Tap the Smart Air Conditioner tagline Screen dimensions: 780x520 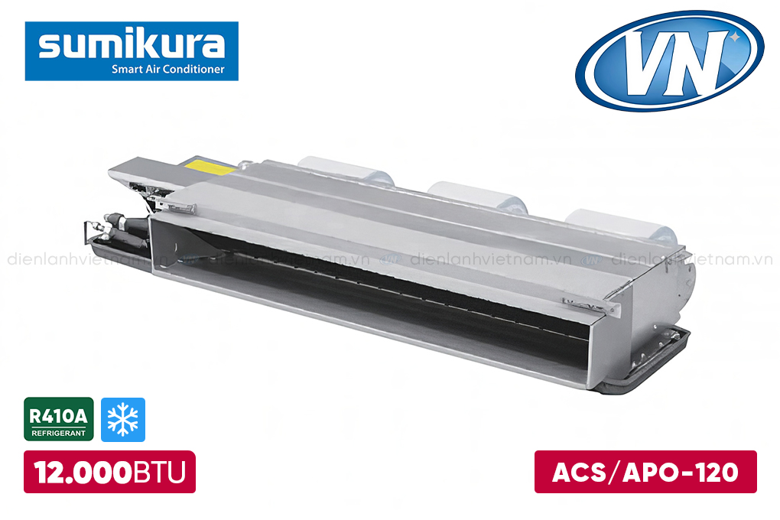point(168,69)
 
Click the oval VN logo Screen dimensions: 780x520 point(670,60)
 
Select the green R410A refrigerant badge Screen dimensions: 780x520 point(59,419)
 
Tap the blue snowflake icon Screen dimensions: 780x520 point(123,420)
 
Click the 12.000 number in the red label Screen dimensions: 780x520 point(83,472)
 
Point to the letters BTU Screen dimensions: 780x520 point(159,473)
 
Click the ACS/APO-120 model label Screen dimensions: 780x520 point(645,472)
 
